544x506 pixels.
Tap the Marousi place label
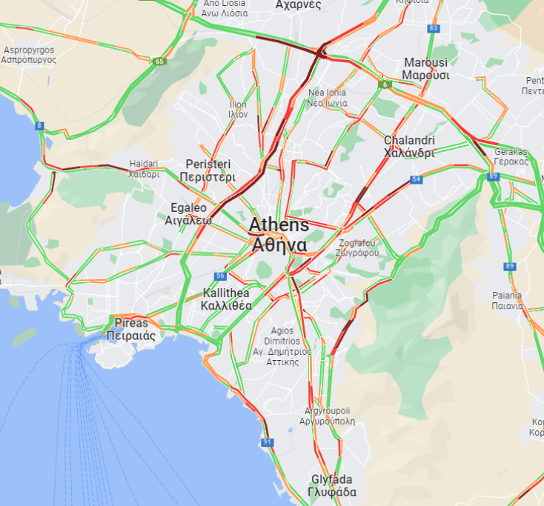click(426, 68)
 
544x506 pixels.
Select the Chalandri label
click(409, 146)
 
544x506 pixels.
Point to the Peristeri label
click(208, 170)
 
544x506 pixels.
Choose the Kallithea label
click(227, 299)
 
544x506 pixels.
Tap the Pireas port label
click(130, 329)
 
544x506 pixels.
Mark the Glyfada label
click(332, 485)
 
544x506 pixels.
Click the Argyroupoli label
click(327, 416)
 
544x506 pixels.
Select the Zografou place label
click(358, 247)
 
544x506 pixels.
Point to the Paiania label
click(507, 300)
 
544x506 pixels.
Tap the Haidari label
click(144, 169)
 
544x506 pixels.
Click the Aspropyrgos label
click(30, 55)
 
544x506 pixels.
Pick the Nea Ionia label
click(327, 98)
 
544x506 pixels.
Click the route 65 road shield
click(160, 61)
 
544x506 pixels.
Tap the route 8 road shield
click(39, 126)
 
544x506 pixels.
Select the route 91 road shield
click(267, 442)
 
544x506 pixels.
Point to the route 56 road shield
click(219, 276)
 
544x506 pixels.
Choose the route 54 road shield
click(417, 179)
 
